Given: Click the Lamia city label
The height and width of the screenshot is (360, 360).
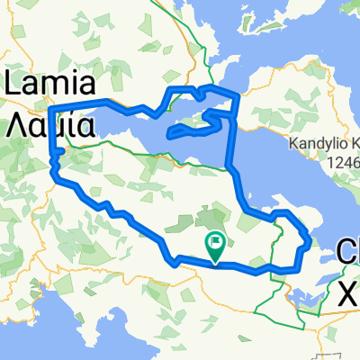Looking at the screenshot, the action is tap(50, 86).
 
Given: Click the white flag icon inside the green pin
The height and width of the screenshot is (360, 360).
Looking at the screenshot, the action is tap(217, 242).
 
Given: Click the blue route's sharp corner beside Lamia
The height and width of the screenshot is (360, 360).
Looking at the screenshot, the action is tap(50, 108).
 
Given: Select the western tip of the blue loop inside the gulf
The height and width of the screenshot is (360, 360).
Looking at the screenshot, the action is tap(168, 136).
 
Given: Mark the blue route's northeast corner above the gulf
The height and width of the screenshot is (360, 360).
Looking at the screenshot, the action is tap(237, 96).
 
